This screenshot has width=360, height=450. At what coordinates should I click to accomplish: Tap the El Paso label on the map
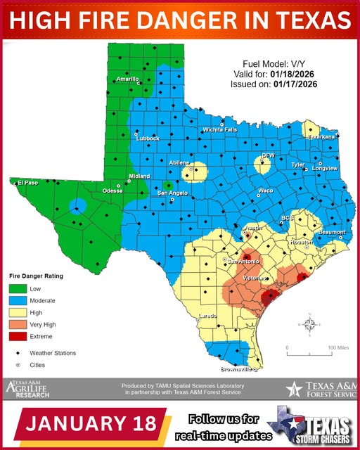27,182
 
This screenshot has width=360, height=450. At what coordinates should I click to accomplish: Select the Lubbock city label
148,138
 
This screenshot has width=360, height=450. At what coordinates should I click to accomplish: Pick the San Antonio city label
241,261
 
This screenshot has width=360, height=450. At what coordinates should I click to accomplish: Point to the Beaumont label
332,232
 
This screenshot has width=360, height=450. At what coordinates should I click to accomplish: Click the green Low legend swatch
18,288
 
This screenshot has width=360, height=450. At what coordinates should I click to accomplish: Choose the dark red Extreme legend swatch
18,336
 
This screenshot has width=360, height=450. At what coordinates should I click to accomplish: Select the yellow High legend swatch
18,312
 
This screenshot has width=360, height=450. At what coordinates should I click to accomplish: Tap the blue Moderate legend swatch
18,300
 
